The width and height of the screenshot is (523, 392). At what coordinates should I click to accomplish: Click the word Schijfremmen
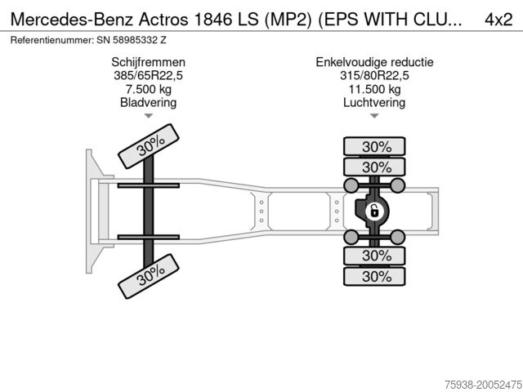coord(148,62)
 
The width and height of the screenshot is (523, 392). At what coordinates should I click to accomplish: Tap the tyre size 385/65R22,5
coord(148,76)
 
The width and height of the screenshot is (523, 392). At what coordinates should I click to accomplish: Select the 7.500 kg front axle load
coord(148,90)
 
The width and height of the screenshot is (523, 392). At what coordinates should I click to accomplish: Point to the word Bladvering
coord(148,103)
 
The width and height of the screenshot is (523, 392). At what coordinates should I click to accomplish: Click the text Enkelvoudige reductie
coord(375,62)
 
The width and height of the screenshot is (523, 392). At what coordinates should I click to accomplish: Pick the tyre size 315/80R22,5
coord(375,76)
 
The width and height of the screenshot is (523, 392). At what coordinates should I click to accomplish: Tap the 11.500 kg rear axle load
coord(375,90)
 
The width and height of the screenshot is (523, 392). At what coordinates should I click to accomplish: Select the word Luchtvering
coord(375,103)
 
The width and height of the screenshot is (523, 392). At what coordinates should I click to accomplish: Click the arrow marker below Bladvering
coord(148,116)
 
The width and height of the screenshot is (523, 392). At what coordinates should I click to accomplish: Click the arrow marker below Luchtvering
coord(375,116)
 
